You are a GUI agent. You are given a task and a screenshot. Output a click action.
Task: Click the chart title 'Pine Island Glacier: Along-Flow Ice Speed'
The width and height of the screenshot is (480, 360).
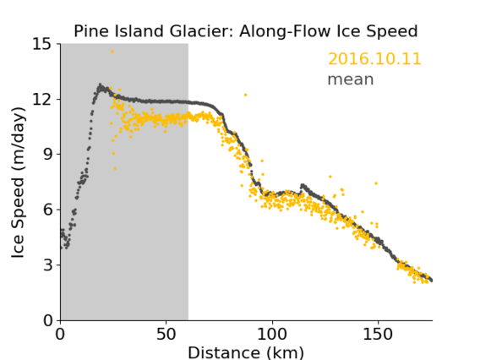246,31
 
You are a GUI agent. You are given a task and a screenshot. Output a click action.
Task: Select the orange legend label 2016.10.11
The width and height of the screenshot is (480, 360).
374,59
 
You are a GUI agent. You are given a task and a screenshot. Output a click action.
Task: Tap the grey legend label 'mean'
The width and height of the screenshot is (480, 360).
351,79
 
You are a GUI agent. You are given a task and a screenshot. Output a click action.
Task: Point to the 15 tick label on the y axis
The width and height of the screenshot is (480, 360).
42,44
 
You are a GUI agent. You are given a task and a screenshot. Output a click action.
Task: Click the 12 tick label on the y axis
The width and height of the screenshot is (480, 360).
42,99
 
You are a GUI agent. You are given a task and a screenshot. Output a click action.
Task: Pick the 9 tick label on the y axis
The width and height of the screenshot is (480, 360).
47,155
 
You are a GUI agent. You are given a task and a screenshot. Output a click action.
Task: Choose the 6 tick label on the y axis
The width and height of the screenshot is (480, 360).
47,210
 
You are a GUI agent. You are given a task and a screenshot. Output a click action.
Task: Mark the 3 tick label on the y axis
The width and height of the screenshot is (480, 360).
47,265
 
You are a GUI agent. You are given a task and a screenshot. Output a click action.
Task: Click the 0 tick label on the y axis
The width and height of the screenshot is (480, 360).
47,320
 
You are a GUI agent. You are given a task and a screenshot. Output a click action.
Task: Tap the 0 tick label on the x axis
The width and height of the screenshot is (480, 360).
60,334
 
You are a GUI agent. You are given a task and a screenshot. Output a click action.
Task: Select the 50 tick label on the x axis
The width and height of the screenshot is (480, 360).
166,334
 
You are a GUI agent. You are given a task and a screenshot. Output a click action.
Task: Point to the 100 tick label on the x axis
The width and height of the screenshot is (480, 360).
272,334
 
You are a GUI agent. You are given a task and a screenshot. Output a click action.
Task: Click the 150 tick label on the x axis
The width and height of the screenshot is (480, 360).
378,334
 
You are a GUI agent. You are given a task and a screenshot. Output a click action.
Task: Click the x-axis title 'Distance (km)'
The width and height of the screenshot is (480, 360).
246,352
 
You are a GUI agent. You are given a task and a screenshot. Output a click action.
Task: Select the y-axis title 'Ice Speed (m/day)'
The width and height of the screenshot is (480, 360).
18,183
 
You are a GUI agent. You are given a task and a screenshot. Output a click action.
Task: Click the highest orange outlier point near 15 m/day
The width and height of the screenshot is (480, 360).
112,52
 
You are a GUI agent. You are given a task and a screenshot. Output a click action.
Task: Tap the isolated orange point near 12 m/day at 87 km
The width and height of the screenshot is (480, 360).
246,95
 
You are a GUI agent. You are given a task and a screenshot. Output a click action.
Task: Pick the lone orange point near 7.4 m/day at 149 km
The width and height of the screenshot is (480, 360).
376,183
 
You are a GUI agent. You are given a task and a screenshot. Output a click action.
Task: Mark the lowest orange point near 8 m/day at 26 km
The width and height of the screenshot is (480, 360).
115,168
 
